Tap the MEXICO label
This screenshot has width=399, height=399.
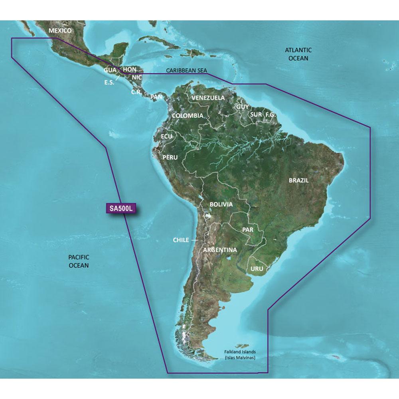click(x=59, y=31)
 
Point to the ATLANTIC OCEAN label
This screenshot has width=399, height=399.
click(x=298, y=54)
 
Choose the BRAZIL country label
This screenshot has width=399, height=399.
click(x=299, y=180)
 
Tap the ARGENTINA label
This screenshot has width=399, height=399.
click(x=220, y=250)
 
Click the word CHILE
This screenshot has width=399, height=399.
click(x=181, y=240)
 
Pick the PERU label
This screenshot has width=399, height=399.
click(x=170, y=157)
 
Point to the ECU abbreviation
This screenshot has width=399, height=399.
click(x=166, y=136)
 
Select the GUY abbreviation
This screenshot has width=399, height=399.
click(x=242, y=107)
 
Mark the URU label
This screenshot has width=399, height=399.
click(x=257, y=269)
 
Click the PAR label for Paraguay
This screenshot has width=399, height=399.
click(x=248, y=230)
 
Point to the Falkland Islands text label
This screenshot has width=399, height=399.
click(x=239, y=354)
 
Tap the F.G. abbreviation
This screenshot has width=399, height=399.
click(x=271, y=115)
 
